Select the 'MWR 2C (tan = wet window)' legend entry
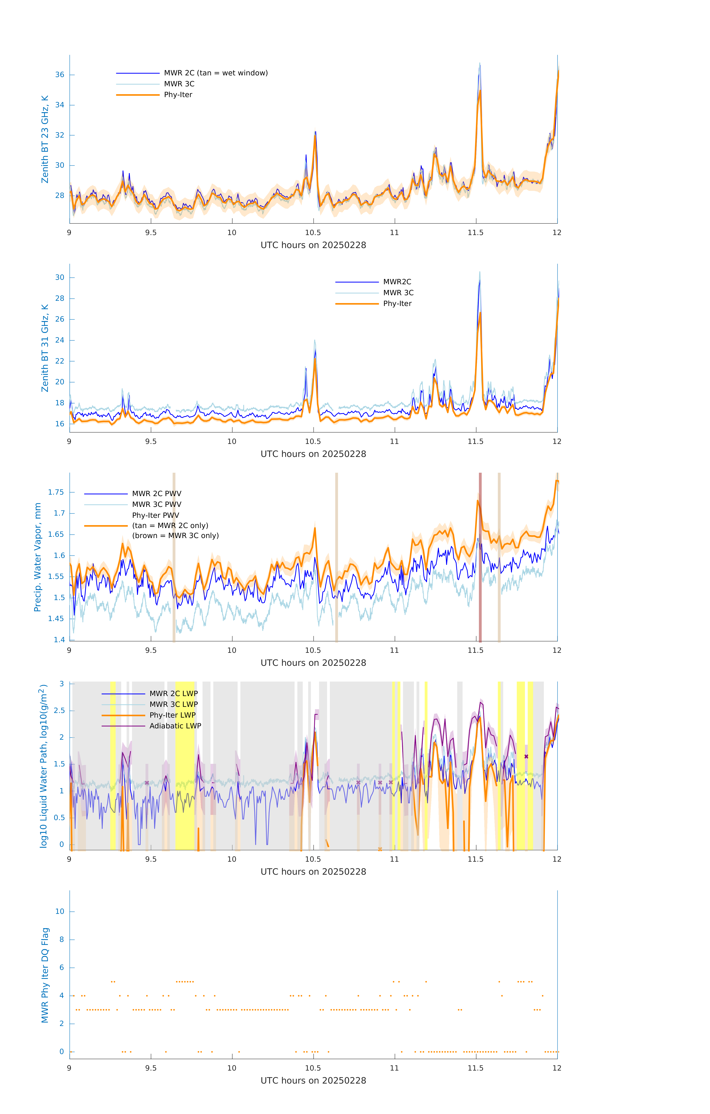216,73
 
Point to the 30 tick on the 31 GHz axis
60,278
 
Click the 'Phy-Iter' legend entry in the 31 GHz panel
397,304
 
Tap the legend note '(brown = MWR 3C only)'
175,536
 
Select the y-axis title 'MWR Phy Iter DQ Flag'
45,975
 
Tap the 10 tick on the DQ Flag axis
60,911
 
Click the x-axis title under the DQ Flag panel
313,1081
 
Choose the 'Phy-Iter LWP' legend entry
172,715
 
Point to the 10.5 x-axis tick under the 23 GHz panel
313,233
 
